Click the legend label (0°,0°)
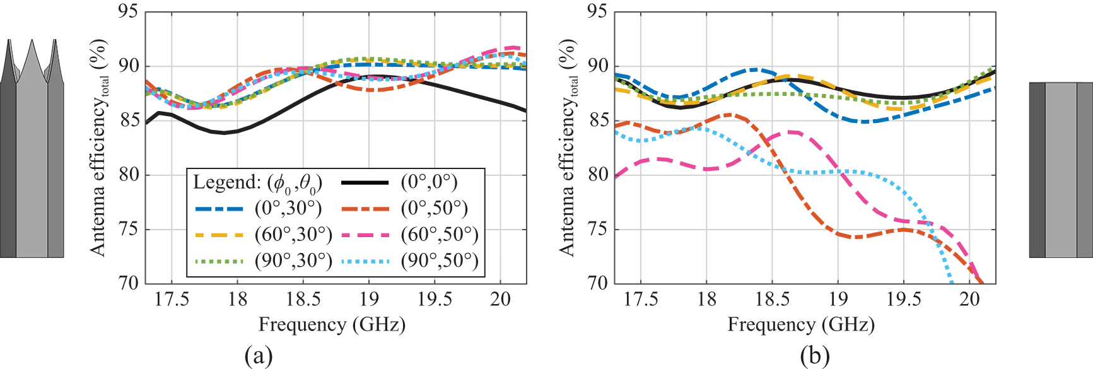pos(429,183)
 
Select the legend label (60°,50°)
pos(440,235)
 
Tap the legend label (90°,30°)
pos(293,261)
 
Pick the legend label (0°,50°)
pos(434,209)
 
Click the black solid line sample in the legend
pos(365,183)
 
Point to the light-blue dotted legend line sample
pos(365,261)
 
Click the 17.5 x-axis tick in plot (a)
pos(172,299)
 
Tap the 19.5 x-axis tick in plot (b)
pos(904,299)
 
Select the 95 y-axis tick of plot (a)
pos(129,12)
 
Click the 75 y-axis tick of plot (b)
pos(598,229)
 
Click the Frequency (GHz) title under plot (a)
pos(332,325)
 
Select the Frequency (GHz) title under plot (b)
pos(801,325)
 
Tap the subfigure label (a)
pos(259,356)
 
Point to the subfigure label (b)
pos(814,356)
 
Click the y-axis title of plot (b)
pos(567,148)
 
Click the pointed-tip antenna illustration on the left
pos(32,151)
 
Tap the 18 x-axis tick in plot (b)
pos(706,299)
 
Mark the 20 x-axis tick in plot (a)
pos(500,299)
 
